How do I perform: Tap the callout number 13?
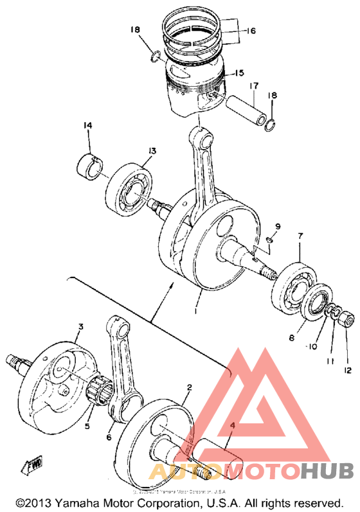151,151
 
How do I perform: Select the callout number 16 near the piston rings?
250,30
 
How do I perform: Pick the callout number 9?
278,226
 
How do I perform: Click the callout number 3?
80,327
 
